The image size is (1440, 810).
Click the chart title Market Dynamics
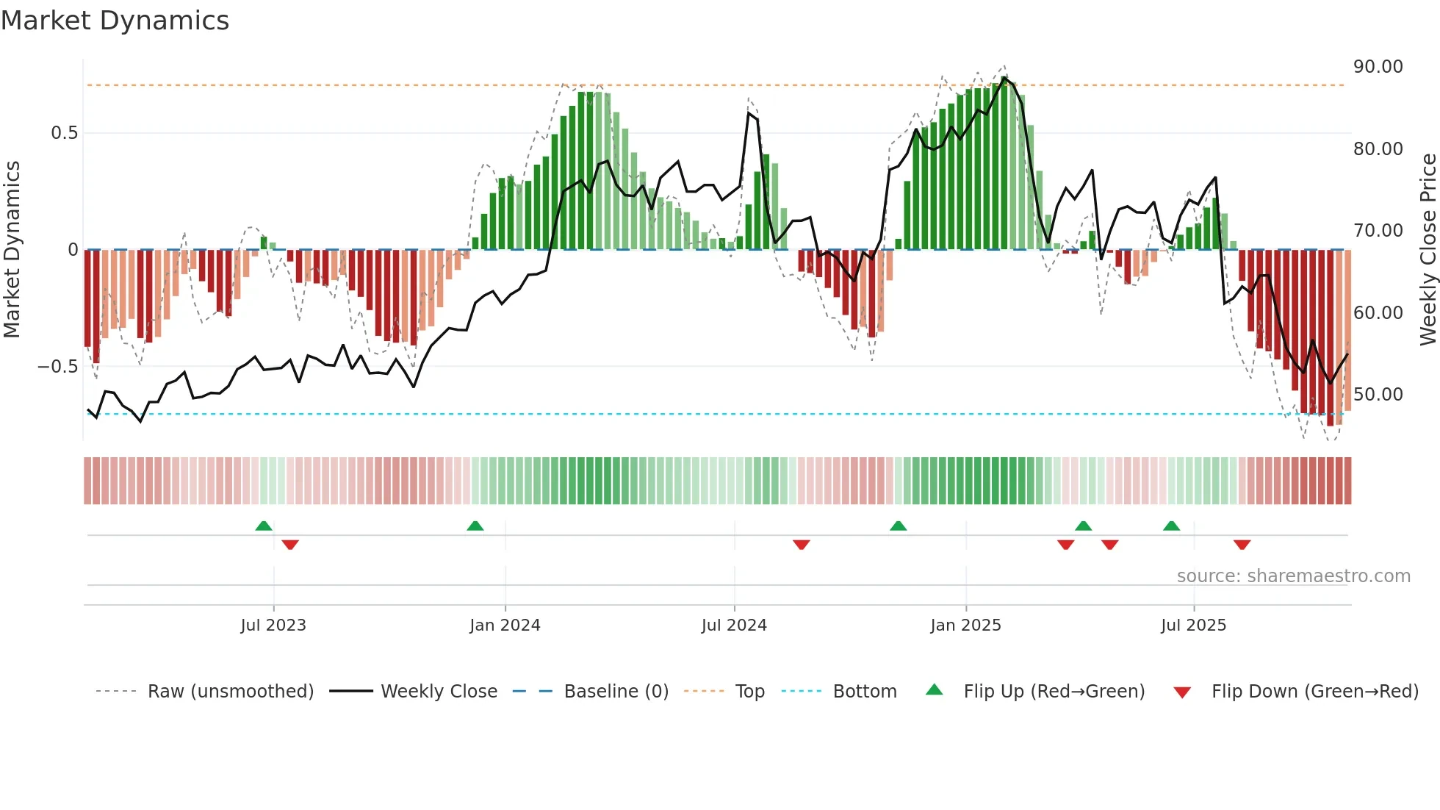coord(115,21)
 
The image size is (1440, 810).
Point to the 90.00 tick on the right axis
coord(1378,67)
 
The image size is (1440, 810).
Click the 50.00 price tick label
coord(1378,395)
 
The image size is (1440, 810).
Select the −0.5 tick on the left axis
coord(58,367)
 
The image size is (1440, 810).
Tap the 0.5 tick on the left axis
coord(64,133)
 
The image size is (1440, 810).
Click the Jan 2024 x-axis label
coord(505,626)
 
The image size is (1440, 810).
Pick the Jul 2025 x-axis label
coord(1193,626)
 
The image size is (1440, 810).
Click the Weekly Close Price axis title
coord(1428,249)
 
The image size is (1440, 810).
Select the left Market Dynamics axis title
coord(12,249)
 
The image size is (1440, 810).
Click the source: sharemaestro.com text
coord(1293,576)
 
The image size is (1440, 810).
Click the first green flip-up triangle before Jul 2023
coord(264,526)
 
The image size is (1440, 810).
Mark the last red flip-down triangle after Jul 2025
coord(1242,545)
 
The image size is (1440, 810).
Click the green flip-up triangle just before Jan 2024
coord(475,526)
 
